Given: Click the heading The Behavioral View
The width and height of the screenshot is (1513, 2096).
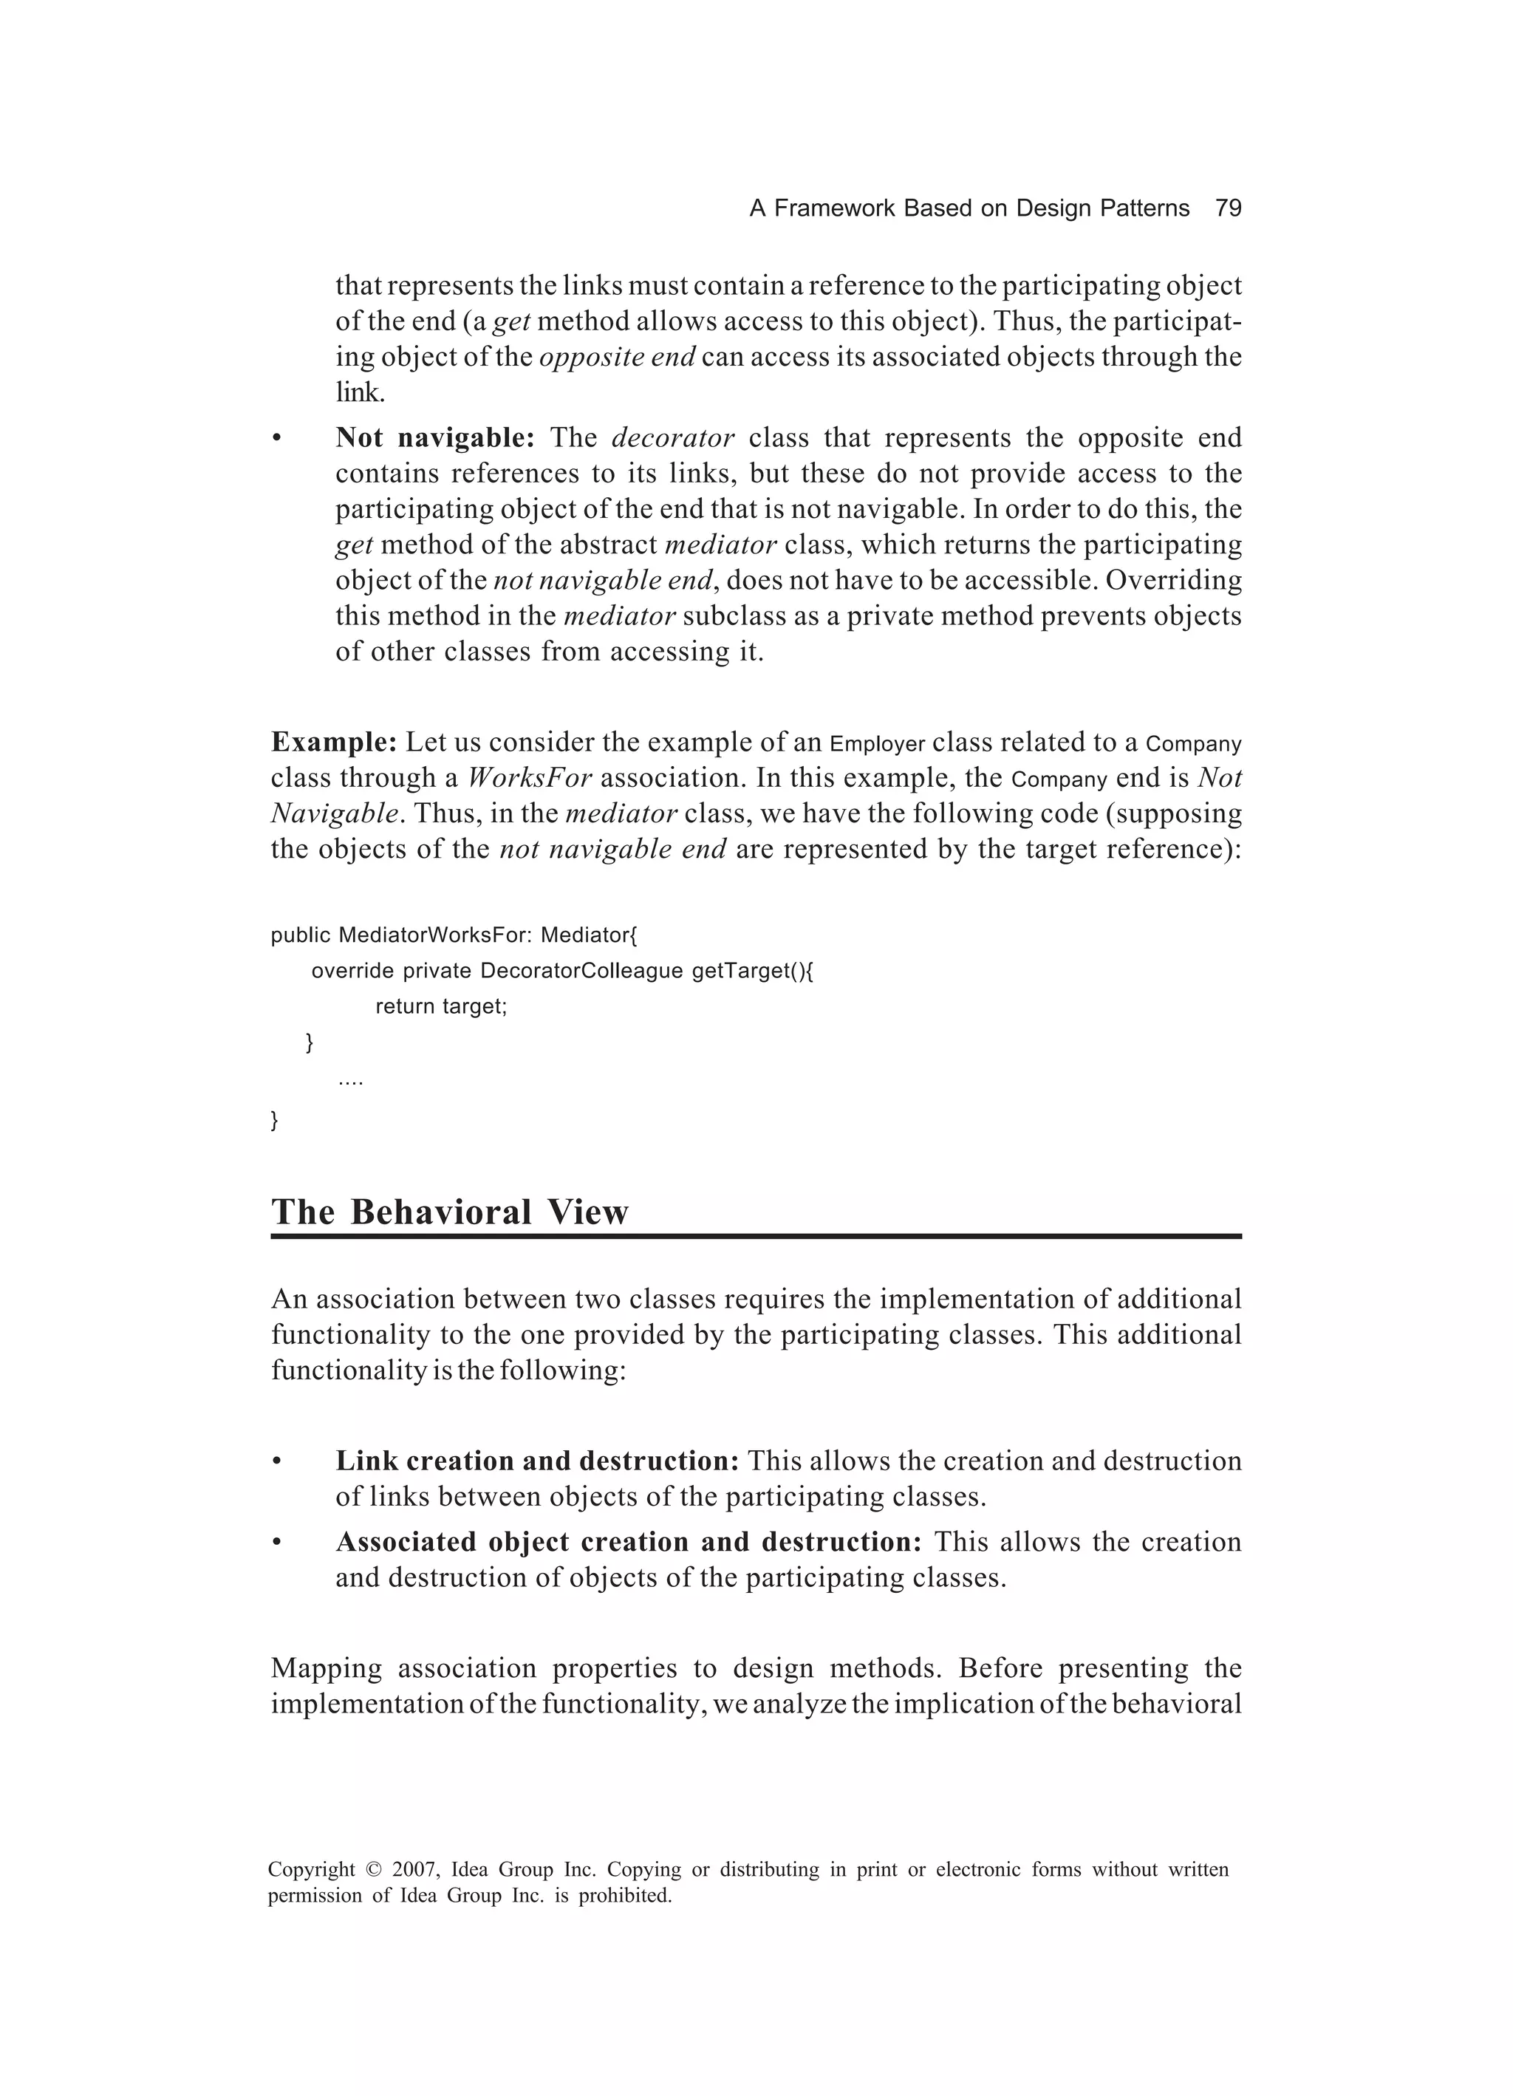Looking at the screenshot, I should (449, 1212).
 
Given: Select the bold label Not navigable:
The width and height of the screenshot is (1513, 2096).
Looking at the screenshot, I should (434, 437).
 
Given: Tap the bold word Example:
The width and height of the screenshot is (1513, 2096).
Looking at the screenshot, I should (334, 742).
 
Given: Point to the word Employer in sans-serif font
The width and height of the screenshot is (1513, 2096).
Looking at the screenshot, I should (877, 744).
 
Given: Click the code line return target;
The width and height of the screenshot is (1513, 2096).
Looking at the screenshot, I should (441, 1006).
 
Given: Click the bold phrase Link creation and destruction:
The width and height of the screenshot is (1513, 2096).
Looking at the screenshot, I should (537, 1461).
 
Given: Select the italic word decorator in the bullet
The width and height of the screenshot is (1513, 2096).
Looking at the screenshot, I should (673, 437).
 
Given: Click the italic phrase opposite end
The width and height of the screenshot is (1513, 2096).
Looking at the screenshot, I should (616, 357).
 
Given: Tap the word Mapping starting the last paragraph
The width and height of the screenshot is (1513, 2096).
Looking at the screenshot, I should (327, 1668).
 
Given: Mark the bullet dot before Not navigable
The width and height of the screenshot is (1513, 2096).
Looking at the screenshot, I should (276, 439).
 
